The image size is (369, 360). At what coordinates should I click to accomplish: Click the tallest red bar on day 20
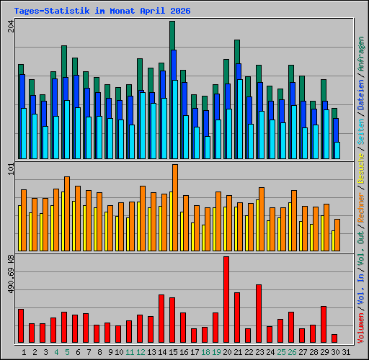tap(226, 300)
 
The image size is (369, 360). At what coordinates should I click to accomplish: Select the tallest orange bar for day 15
tap(175, 207)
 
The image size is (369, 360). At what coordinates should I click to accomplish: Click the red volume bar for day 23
tap(259, 313)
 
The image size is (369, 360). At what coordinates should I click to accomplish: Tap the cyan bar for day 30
tap(337, 150)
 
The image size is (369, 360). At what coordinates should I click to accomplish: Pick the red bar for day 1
tap(21, 325)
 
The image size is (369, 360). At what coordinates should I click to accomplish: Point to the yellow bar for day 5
tap(63, 221)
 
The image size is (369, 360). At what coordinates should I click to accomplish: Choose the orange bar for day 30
tap(337, 235)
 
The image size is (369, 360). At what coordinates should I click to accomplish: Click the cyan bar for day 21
tap(240, 119)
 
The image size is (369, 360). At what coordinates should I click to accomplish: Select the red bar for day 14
tap(161, 318)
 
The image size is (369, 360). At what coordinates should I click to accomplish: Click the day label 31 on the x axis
tap(346, 352)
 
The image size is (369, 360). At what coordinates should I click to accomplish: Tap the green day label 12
tap(141, 352)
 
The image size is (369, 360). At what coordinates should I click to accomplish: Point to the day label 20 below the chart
tap(227, 352)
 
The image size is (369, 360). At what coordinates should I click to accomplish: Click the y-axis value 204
tap(11, 26)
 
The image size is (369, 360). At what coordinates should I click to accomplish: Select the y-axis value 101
tap(11, 168)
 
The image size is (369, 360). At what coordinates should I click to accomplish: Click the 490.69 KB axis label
tap(11, 274)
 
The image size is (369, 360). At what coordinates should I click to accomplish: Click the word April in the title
tap(153, 11)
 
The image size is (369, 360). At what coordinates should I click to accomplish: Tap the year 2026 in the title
tap(180, 11)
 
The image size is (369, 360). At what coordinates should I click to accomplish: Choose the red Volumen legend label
tap(361, 328)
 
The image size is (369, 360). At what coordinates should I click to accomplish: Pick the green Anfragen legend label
tap(361, 54)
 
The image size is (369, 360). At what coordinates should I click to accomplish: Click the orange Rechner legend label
tap(361, 207)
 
